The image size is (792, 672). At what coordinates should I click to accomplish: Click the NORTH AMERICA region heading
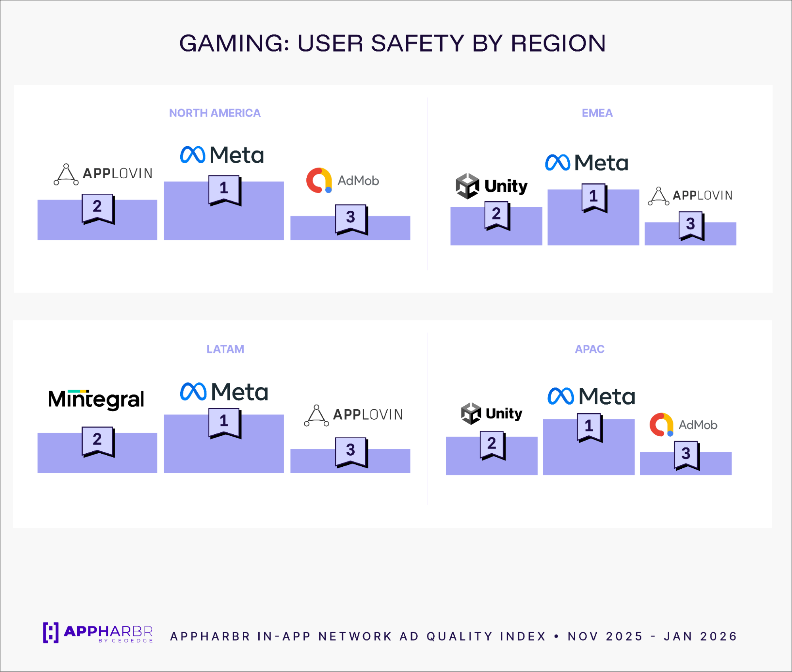tap(215, 113)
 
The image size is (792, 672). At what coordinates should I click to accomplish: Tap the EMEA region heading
tap(597, 113)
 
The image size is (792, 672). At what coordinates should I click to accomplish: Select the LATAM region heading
tap(225, 349)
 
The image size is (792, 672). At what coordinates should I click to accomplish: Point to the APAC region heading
tap(589, 349)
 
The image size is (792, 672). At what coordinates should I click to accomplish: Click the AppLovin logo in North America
tap(103, 174)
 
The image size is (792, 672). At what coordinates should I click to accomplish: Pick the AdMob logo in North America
tap(342, 180)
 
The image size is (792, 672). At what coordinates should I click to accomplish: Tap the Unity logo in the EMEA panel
tap(491, 186)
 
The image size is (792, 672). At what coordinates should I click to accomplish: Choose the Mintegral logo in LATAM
tap(96, 399)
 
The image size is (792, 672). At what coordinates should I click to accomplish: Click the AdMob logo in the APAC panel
tap(683, 424)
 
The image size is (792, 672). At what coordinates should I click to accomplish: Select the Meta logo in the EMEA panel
tap(586, 163)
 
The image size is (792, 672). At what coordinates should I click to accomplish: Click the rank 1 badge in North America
tap(224, 189)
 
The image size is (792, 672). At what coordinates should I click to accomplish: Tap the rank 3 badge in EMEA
tap(691, 225)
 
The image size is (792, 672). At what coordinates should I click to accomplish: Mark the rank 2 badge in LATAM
tap(97, 441)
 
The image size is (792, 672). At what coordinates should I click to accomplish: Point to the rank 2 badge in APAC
tap(492, 445)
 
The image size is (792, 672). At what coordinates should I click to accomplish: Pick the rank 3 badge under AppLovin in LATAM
tap(351, 451)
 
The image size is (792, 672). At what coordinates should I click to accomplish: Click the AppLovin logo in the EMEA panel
tap(690, 195)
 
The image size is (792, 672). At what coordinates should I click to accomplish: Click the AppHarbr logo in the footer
tap(97, 633)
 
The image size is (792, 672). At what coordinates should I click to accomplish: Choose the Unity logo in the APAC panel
tap(491, 413)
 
